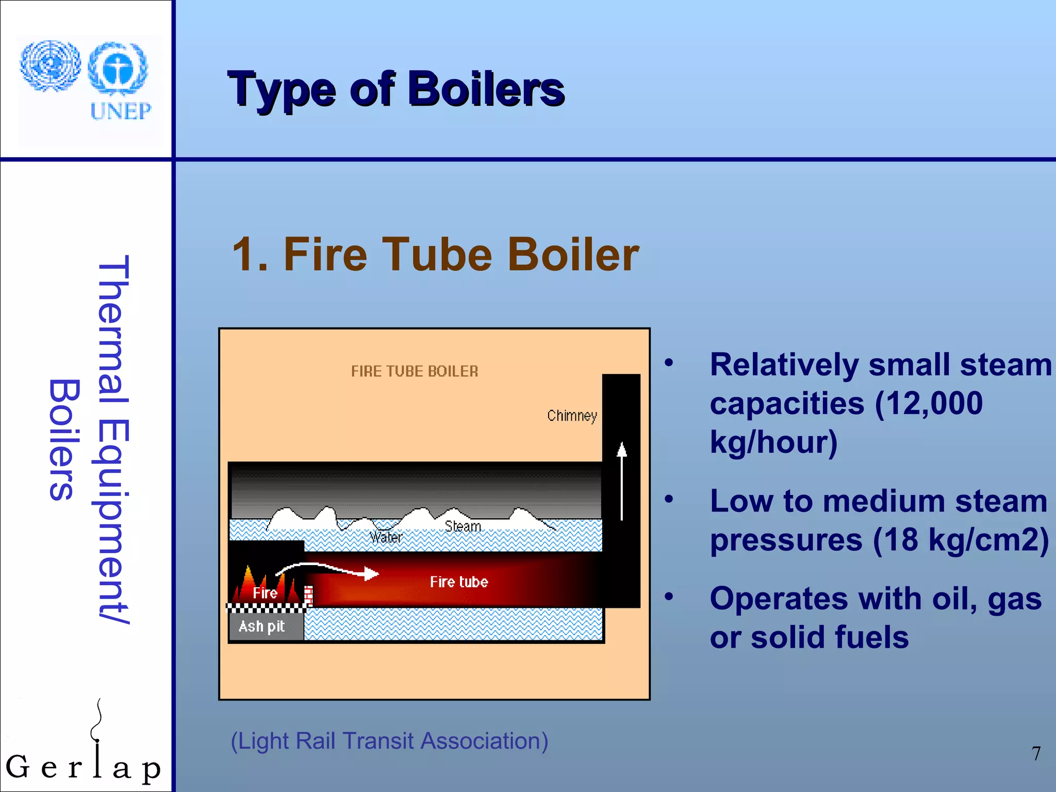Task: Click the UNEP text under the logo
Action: click(x=121, y=111)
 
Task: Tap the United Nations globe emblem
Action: click(x=50, y=65)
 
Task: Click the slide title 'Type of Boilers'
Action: click(x=396, y=90)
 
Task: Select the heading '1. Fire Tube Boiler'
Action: click(x=436, y=254)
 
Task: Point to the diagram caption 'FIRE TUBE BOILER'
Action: click(x=415, y=371)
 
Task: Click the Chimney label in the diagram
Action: click(x=572, y=416)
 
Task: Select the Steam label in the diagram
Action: click(x=463, y=526)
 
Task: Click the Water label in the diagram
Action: click(x=386, y=538)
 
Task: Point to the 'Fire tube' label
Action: click(x=459, y=582)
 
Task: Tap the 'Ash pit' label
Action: click(x=261, y=626)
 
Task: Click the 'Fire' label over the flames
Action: click(x=265, y=593)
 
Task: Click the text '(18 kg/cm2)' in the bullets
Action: click(x=961, y=540)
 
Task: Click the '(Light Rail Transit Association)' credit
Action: click(x=389, y=741)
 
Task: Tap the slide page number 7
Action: click(x=1036, y=754)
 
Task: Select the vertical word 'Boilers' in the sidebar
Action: click(x=64, y=439)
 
